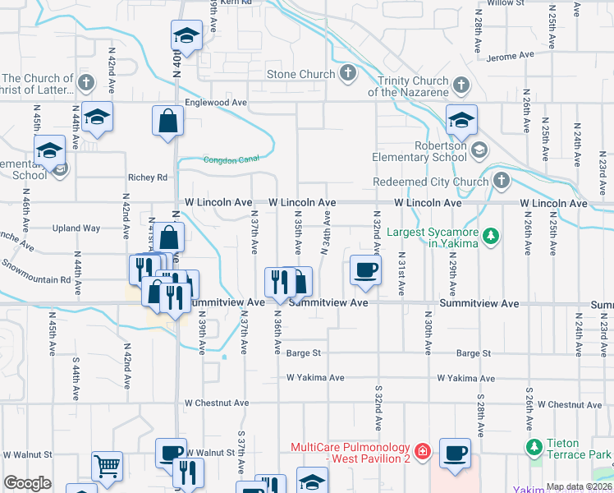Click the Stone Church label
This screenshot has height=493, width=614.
(301, 75)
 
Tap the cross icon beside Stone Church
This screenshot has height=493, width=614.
(348, 75)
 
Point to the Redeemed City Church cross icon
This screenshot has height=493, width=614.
(501, 180)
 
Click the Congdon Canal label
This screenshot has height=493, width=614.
(225, 159)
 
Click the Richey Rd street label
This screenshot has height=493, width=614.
(147, 177)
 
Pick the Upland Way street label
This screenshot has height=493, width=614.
(76, 228)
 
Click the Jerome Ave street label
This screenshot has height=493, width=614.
(510, 57)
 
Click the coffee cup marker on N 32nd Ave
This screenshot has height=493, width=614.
(365, 270)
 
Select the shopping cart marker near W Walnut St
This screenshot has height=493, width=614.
(107, 466)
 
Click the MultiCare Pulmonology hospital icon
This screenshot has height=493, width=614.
(422, 451)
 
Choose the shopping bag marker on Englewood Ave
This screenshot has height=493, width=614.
(167, 121)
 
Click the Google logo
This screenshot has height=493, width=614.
(28, 483)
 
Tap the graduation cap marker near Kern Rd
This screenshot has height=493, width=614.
(186, 36)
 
